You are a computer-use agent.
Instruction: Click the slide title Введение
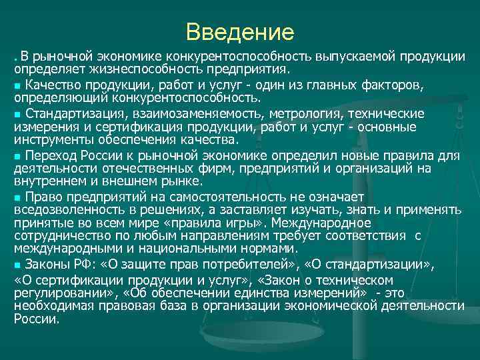(240, 31)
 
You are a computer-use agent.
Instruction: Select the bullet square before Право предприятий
(17, 197)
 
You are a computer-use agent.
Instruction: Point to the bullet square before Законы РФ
(17, 266)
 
